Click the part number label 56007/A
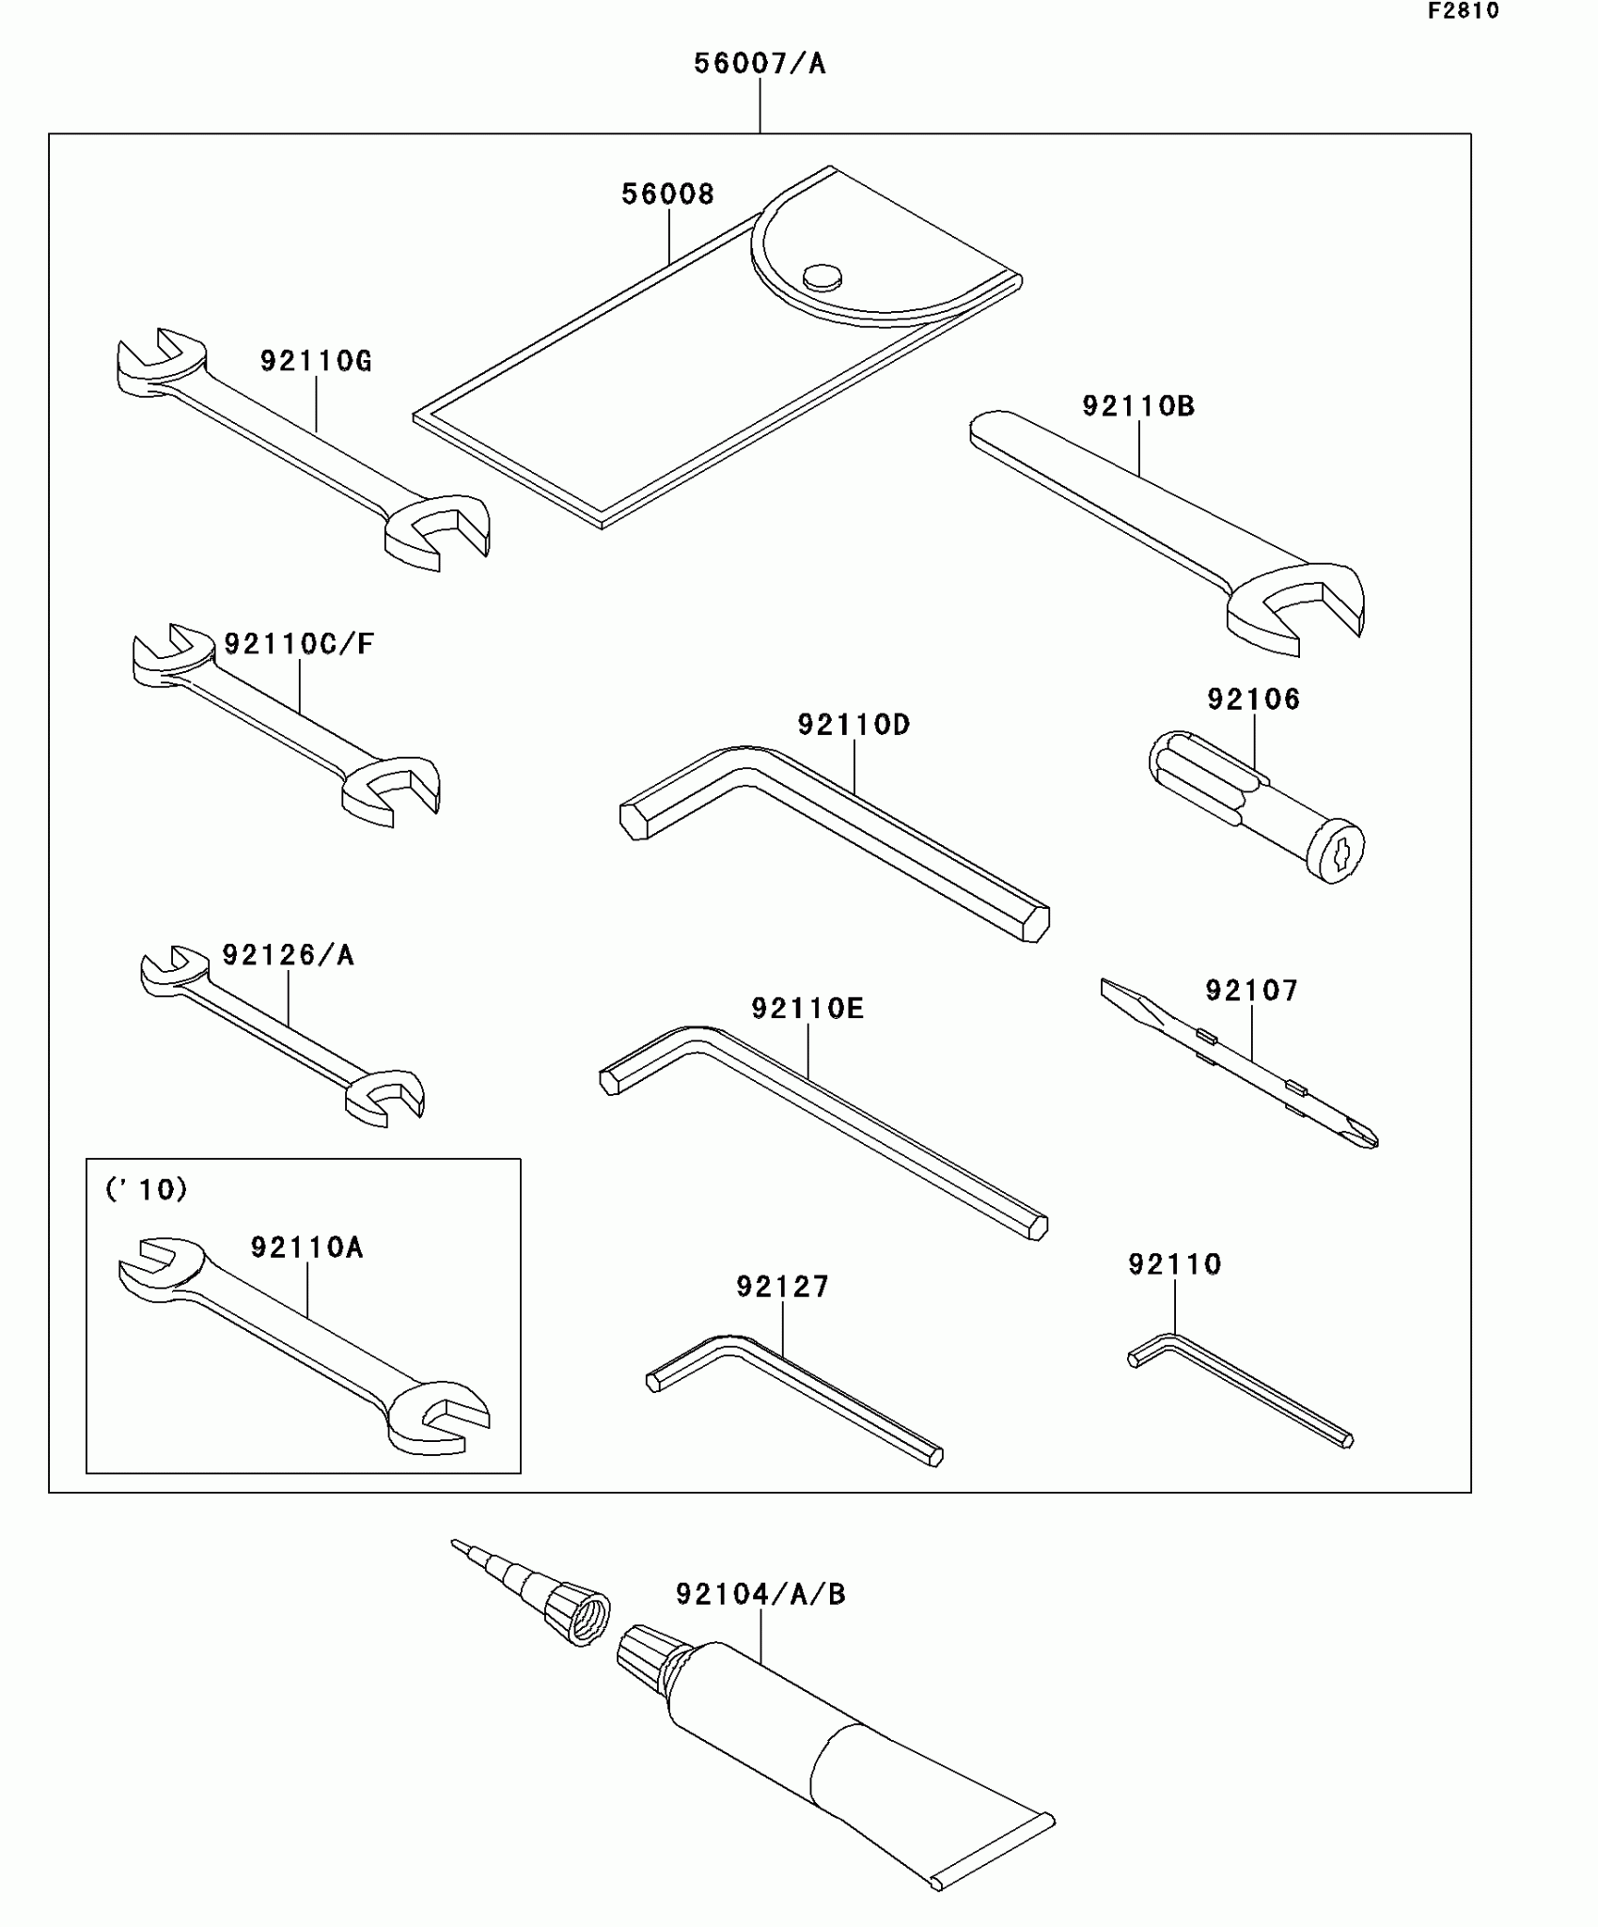760,64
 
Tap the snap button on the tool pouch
822,276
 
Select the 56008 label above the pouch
667,195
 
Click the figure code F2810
1463,11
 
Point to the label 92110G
316,361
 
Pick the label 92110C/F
299,644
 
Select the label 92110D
854,725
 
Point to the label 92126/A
288,955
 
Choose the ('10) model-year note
146,1190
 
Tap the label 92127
782,1287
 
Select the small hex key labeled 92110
1241,1391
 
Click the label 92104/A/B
760,1594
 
